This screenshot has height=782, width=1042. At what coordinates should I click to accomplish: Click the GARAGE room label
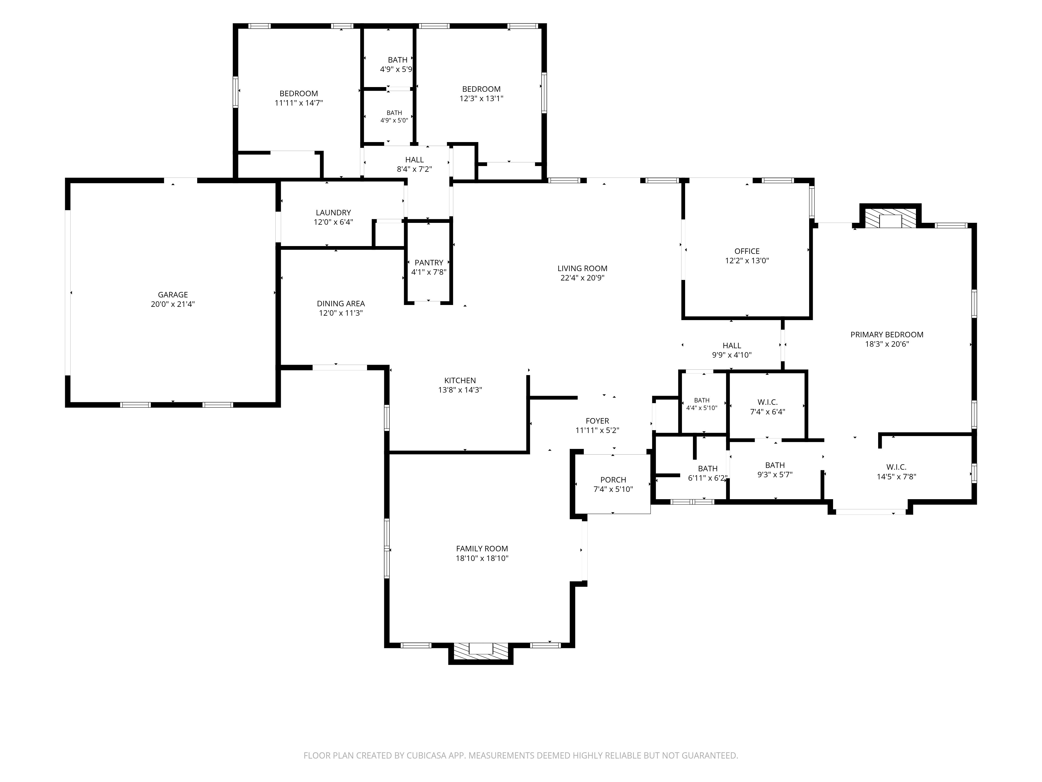pos(173,295)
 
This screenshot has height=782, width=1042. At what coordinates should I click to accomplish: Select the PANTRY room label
pos(429,262)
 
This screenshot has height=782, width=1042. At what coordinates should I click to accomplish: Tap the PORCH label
pos(613,480)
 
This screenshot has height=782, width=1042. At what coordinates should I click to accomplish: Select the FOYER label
pos(597,421)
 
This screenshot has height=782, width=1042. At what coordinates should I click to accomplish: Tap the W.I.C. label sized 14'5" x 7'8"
pos(896,467)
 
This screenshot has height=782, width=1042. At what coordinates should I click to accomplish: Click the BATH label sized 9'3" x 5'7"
pos(775,465)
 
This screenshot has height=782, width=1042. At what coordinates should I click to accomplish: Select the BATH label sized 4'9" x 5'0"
pos(394,113)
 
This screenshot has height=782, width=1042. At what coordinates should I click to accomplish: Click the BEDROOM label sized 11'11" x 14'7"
pos(299,93)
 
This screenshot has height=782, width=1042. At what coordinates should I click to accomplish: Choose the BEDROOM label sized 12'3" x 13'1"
pos(481,89)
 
